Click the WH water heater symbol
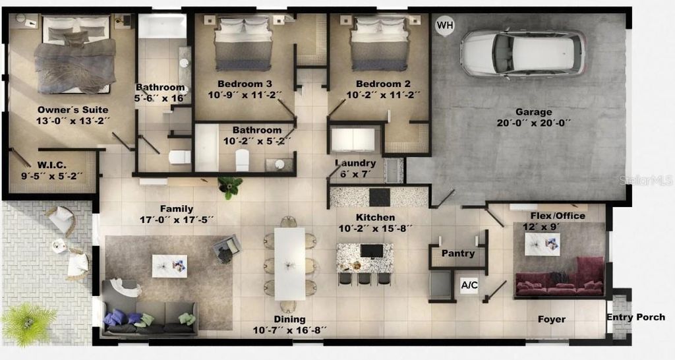point(446,25)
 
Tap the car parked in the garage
point(523,53)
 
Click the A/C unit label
point(469,285)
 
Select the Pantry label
point(457,253)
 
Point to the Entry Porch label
point(636,317)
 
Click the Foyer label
point(551,319)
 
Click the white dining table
point(289,263)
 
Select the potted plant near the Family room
point(230,187)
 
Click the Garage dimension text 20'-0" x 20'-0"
point(533,123)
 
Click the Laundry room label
point(355,163)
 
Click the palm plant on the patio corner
point(28,323)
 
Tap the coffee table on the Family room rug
point(169,266)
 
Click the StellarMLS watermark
point(650,179)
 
